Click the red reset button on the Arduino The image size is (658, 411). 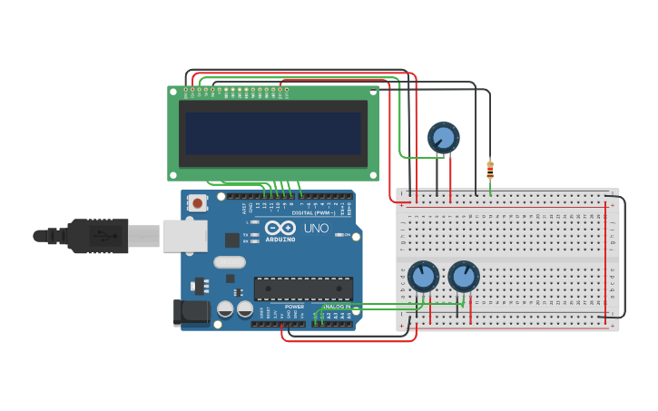tap(197, 203)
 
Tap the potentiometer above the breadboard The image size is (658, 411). tap(443, 138)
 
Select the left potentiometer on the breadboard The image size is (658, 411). tap(423, 276)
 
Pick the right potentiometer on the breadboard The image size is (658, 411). tap(463, 276)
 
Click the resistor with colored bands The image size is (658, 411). tap(490, 170)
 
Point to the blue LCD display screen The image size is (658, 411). tap(272, 133)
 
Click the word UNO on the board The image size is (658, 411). tap(316, 228)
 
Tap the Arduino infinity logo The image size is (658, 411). tap(281, 228)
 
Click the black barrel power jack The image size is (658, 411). tap(189, 313)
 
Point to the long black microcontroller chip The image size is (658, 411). tap(303, 289)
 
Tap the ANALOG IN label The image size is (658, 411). tap(336, 307)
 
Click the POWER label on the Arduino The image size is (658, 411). tap(294, 307)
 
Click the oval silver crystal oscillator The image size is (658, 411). tap(230, 262)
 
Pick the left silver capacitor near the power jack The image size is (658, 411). tap(225, 308)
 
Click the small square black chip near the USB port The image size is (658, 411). tap(232, 240)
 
